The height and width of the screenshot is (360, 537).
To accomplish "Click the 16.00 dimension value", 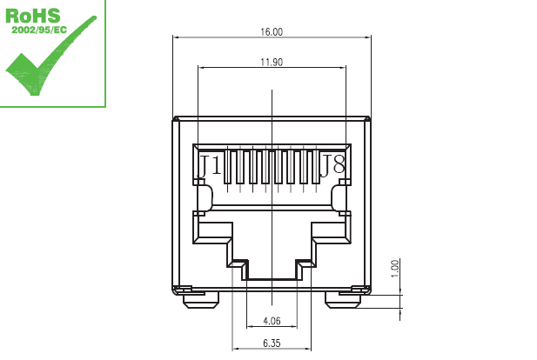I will coord(272,32).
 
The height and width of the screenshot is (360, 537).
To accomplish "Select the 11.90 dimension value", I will coord(272,62).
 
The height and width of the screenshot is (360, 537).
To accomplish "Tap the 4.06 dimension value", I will coord(272,321).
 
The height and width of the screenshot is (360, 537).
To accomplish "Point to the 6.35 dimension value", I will coord(272,343).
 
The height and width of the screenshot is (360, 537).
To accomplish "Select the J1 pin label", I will coord(209,164).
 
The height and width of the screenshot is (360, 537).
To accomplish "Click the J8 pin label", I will coord(332,164).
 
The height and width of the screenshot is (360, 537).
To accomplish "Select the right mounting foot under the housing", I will coord(345,299).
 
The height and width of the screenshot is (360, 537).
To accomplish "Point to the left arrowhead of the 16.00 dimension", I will coord(177,37).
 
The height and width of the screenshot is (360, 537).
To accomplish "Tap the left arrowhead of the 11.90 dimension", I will coord(202,67).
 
